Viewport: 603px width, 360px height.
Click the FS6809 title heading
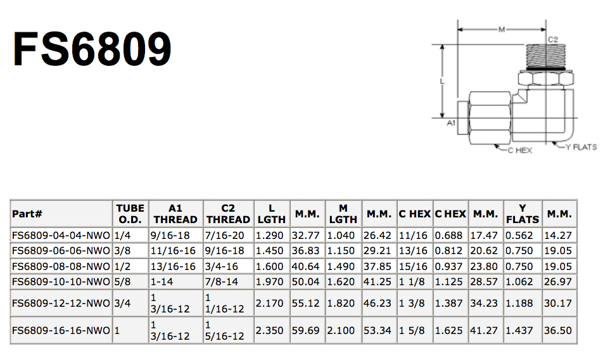[x=92, y=49]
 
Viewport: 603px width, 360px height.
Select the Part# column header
[x=27, y=214]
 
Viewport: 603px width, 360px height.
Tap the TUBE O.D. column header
[x=130, y=214]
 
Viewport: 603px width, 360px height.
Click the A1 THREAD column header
[x=175, y=214]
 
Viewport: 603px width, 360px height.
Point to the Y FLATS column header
[x=522, y=214]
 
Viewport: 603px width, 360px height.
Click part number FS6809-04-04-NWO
[x=61, y=235]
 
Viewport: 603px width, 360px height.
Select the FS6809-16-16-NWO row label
[x=61, y=330]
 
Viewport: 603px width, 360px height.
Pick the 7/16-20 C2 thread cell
[x=225, y=235]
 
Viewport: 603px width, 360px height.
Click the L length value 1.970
[x=270, y=282]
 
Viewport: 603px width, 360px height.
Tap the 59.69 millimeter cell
[x=305, y=330]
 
